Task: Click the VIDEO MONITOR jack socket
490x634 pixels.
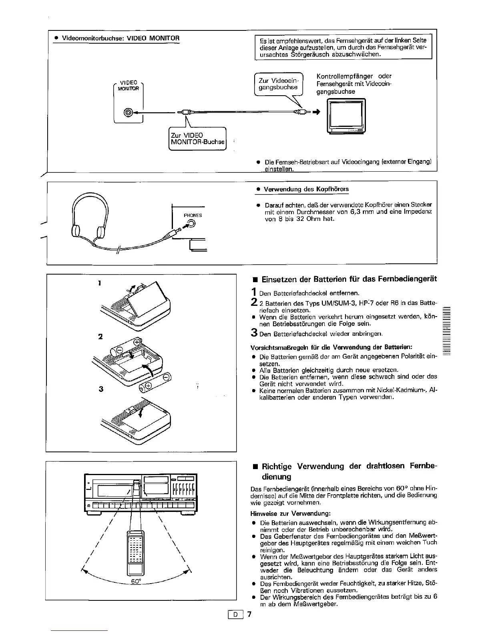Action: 128,113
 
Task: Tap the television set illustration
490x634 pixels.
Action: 346,117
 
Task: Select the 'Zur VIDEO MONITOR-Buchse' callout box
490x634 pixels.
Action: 198,138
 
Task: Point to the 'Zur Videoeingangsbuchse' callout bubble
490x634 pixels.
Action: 279,84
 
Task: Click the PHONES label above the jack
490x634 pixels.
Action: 193,215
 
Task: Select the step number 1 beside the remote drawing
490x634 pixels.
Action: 99,283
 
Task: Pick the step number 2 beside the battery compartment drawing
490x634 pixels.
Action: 100,336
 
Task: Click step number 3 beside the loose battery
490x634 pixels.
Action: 100,389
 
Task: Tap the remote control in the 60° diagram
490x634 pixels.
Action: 135,552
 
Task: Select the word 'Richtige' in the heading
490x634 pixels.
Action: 277,467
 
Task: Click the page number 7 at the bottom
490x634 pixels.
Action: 249,615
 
